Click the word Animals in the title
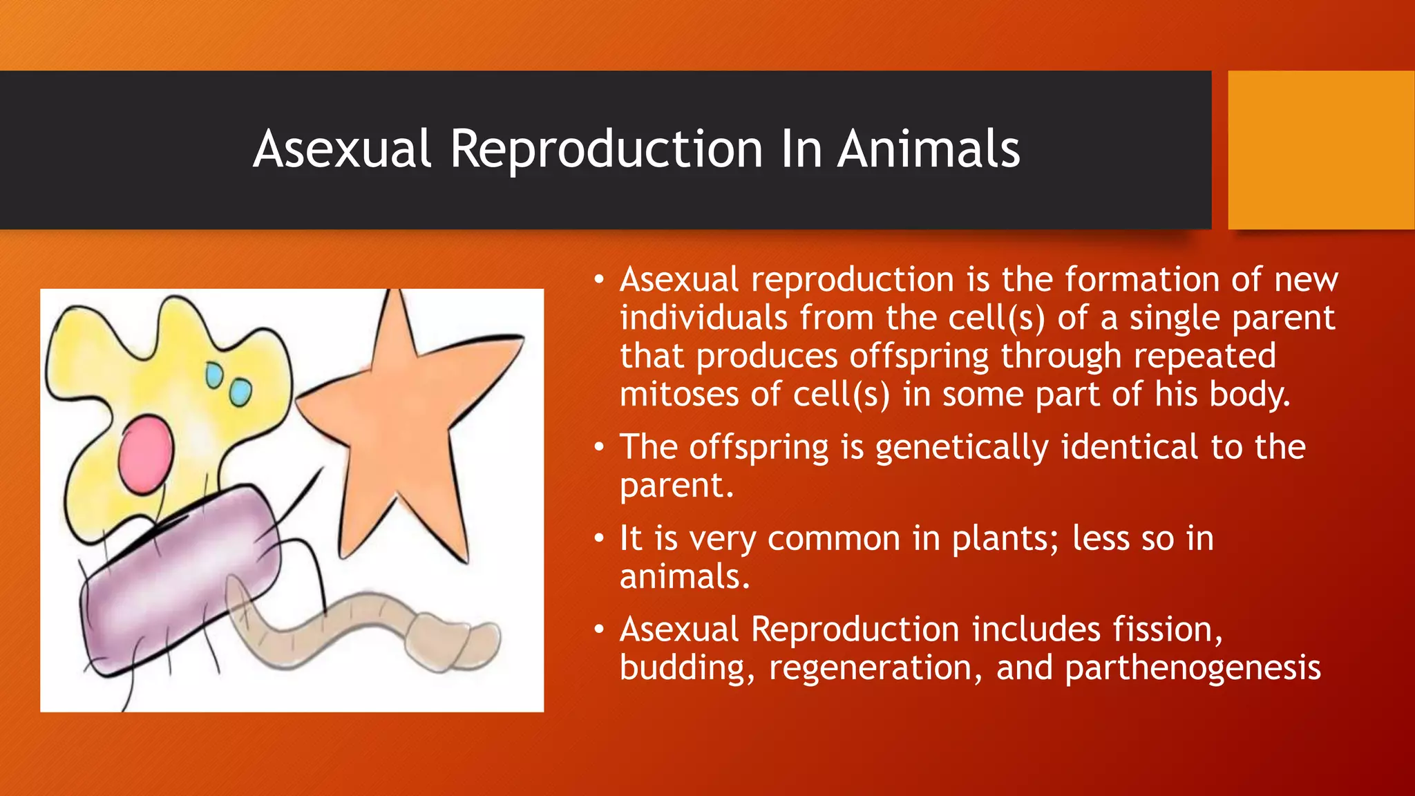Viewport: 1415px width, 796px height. pyautogui.click(x=929, y=149)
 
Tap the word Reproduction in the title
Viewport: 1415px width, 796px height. pyautogui.click(x=606, y=149)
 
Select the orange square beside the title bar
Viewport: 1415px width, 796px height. pyautogui.click(x=1320, y=150)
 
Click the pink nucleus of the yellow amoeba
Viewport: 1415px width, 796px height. pyautogui.click(x=146, y=454)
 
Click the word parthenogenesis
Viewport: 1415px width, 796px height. pyautogui.click(x=1193, y=668)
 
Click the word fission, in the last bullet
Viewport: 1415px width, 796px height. pyautogui.click(x=1167, y=629)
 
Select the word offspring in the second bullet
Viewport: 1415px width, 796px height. pyautogui.click(x=759, y=448)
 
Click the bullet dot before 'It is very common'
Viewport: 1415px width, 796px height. pyautogui.click(x=599, y=539)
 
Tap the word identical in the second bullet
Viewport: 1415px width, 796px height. pyautogui.click(x=1129, y=447)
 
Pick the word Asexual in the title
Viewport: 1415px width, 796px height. pyautogui.click(x=342, y=149)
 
